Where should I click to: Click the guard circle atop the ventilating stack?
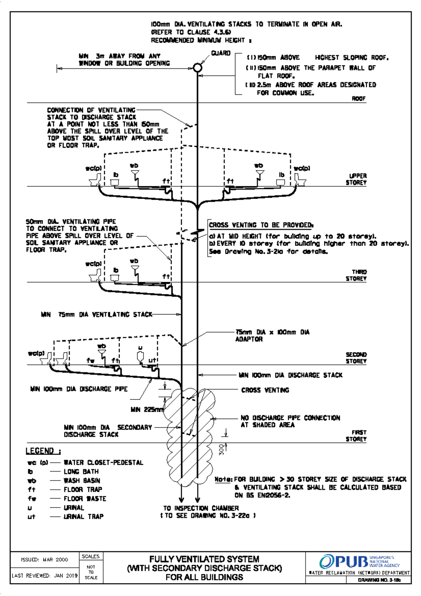coord(198,67)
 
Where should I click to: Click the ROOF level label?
coord(359,99)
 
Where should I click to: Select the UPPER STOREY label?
coord(356,179)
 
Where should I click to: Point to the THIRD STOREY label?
coord(356,275)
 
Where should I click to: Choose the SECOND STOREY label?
coord(356,358)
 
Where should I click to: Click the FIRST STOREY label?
coord(356,436)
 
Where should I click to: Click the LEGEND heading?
coord(43,451)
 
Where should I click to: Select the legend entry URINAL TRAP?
coord(83,517)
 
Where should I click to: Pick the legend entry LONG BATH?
coord(81,471)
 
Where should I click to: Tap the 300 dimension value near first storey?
coord(221,450)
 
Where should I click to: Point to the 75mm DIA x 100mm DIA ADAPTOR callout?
coord(272,336)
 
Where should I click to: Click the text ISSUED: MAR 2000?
coord(45,559)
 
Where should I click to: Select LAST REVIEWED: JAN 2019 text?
coord(45,576)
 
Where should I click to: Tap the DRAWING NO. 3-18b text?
coord(379,580)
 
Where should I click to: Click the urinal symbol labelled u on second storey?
coord(140,356)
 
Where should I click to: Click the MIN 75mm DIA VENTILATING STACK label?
coord(96,314)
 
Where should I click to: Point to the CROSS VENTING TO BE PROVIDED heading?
coord(261,225)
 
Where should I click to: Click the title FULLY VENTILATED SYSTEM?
coord(204,559)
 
